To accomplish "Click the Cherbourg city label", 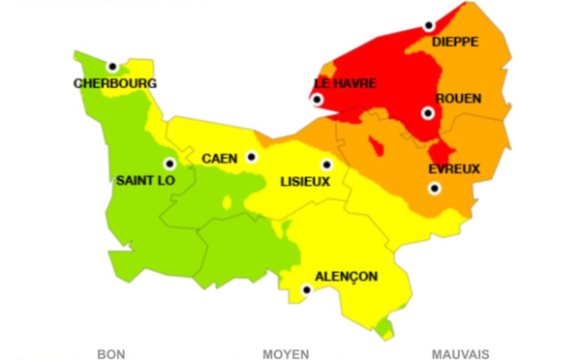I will (x=115, y=83).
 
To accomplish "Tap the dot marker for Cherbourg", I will (x=112, y=67).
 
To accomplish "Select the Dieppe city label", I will (x=456, y=42).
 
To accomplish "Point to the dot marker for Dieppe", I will (x=428, y=26).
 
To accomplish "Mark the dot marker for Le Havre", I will (x=317, y=100).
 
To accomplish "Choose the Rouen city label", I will (x=458, y=98).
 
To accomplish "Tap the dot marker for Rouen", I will (x=427, y=113).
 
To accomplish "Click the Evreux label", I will (x=454, y=169).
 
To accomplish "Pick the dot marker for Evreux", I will (x=434, y=188).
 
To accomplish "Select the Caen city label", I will (x=220, y=158).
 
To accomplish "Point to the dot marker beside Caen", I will (x=252, y=157).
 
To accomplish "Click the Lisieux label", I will (x=305, y=181).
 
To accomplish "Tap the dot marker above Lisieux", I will (x=326, y=165).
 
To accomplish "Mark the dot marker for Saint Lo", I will (x=169, y=164).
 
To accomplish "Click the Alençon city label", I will (x=346, y=276).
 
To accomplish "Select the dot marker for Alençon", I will (x=307, y=289).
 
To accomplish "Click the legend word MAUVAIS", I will (x=460, y=354).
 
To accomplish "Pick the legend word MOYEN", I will (x=286, y=354).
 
